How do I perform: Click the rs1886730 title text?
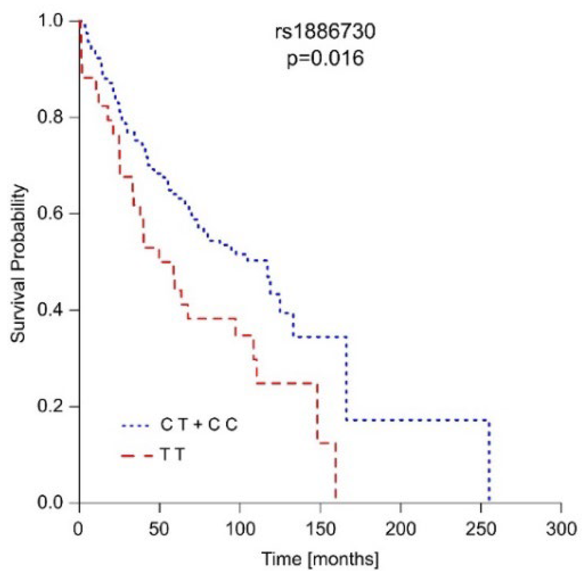pyautogui.click(x=325, y=32)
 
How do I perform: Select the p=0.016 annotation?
pyautogui.click(x=325, y=58)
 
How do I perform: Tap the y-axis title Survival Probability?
pyautogui.click(x=19, y=263)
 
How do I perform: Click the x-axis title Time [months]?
pyautogui.click(x=320, y=559)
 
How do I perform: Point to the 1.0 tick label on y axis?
pyautogui.click(x=50, y=21)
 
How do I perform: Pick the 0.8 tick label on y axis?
pyautogui.click(x=50, y=117)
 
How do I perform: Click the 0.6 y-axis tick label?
pyautogui.click(x=50, y=213)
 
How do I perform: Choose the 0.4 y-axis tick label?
pyautogui.click(x=50, y=310)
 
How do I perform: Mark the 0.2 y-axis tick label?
pyautogui.click(x=50, y=406)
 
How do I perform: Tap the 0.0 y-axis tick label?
pyautogui.click(x=50, y=502)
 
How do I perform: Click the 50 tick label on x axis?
pyautogui.click(x=159, y=529)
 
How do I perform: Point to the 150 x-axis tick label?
pyautogui.click(x=320, y=529)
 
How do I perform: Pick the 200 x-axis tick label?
pyautogui.click(x=401, y=529)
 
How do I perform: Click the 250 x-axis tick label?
pyautogui.click(x=481, y=529)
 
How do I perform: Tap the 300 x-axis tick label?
pyautogui.click(x=561, y=529)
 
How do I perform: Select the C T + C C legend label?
pyautogui.click(x=199, y=425)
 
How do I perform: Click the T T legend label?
pyautogui.click(x=173, y=455)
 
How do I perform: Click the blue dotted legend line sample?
pyautogui.click(x=136, y=426)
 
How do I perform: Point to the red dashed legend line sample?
pyautogui.click(x=136, y=456)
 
